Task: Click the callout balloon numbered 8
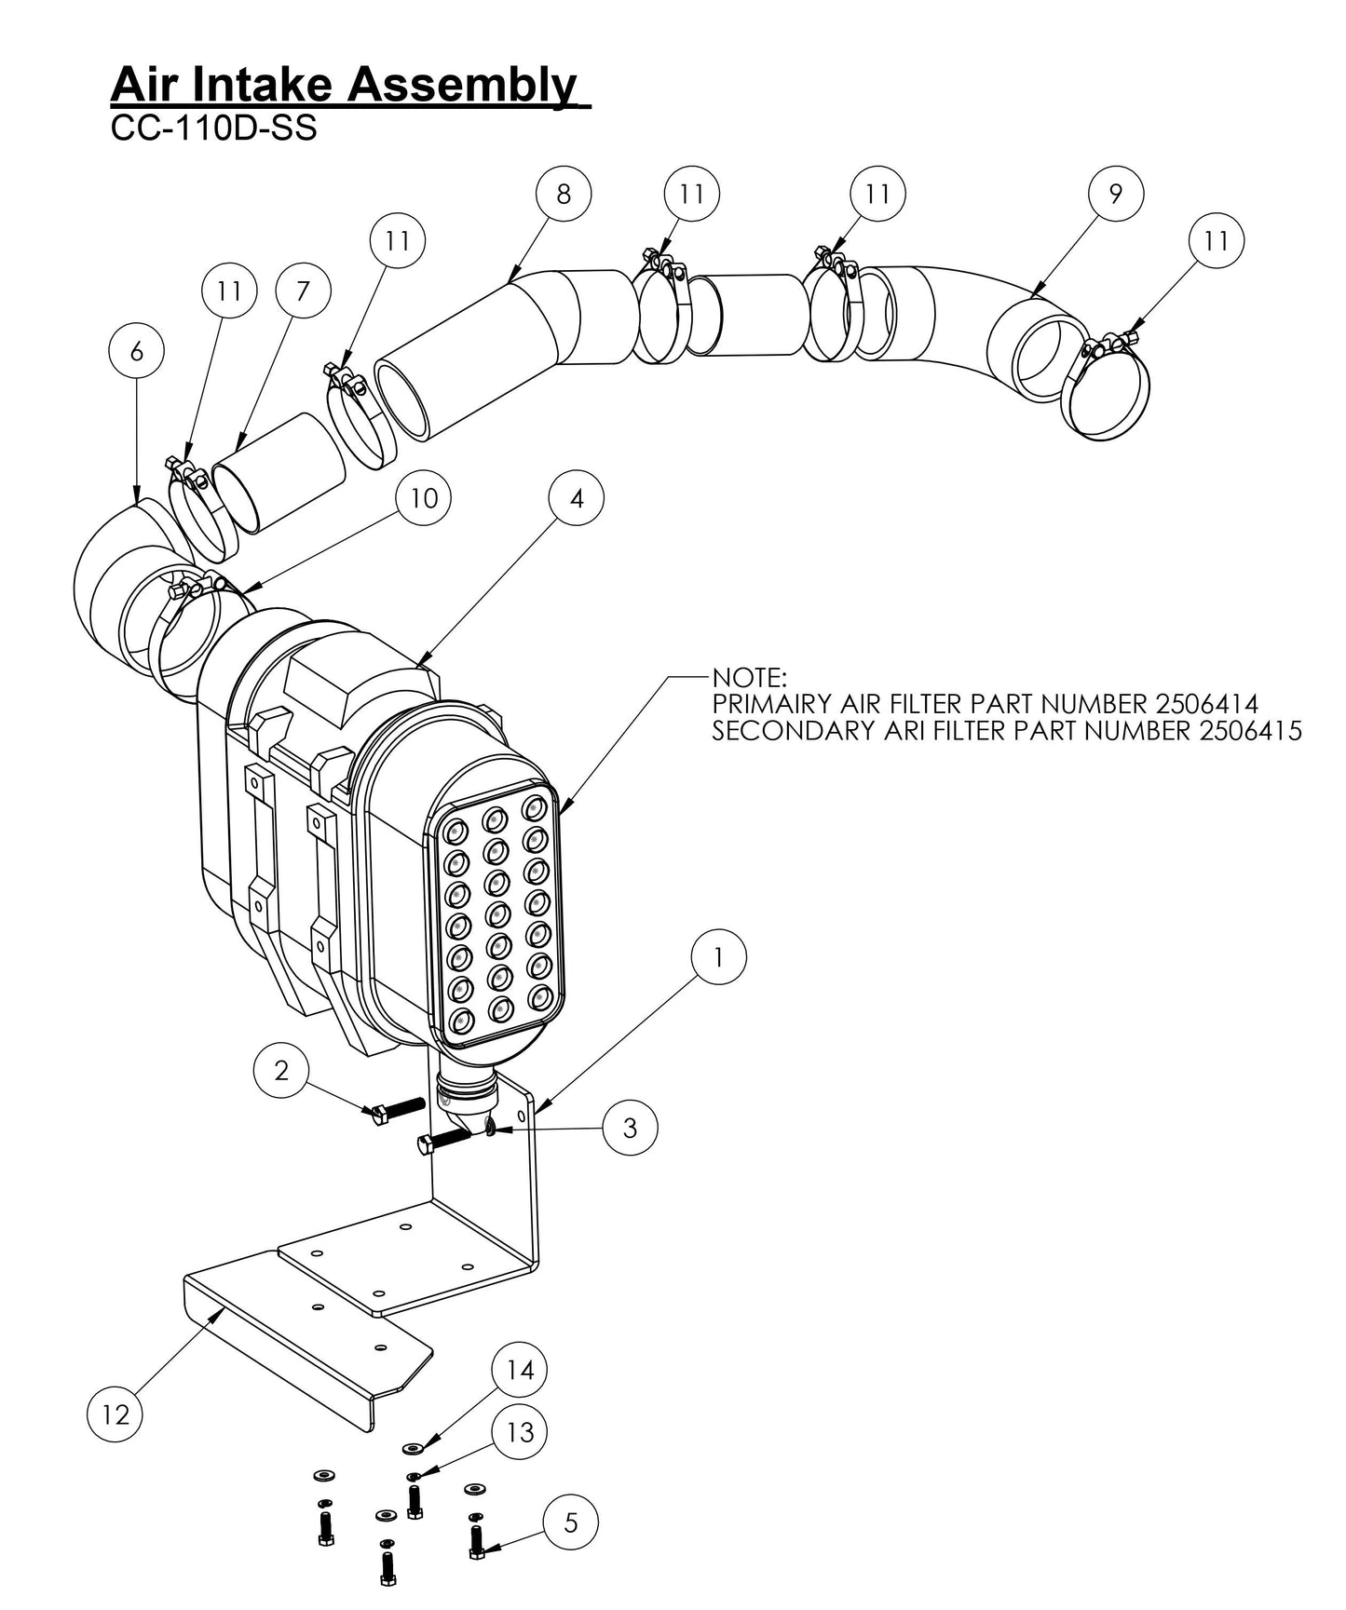click(x=564, y=194)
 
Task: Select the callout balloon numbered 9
click(x=1116, y=194)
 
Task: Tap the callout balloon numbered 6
click(x=137, y=351)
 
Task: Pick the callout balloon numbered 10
click(x=424, y=498)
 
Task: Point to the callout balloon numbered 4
click(x=577, y=498)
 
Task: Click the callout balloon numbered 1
click(x=718, y=958)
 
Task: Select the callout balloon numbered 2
click(x=281, y=1071)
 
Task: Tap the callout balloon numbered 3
click(x=630, y=1128)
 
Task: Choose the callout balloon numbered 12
click(x=116, y=1414)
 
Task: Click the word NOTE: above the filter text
click(x=750, y=675)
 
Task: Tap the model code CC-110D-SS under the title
click(x=213, y=129)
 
